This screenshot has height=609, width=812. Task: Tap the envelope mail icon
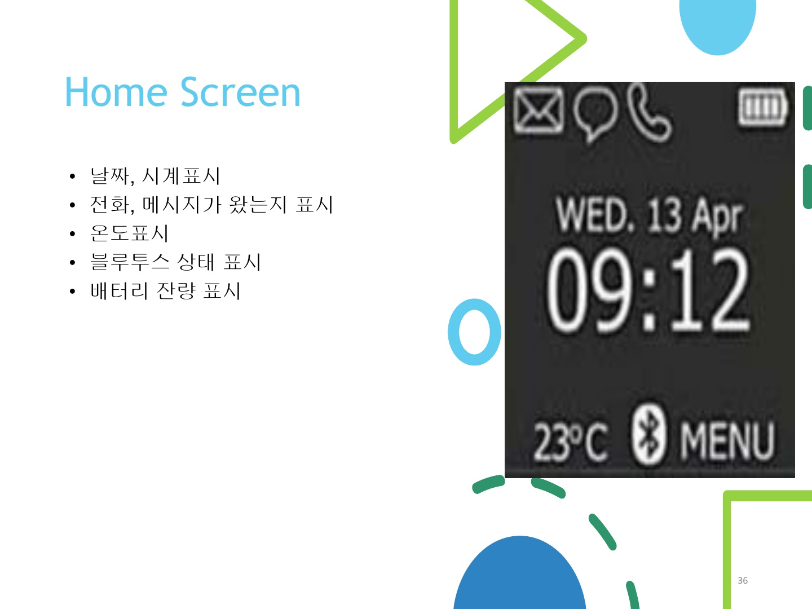(539, 110)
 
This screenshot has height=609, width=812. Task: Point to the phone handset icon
(650, 112)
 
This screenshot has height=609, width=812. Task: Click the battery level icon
(763, 107)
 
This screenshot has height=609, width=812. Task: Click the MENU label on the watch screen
(727, 441)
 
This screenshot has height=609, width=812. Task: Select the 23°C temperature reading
(571, 442)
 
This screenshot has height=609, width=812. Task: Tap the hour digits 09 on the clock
(590, 290)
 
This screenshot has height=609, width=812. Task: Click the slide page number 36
(743, 581)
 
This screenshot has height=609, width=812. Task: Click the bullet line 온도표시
(130, 233)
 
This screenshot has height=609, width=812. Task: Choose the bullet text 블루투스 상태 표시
(176, 262)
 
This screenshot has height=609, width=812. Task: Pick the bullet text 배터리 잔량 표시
(165, 290)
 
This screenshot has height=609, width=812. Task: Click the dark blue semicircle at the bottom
(520, 577)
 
